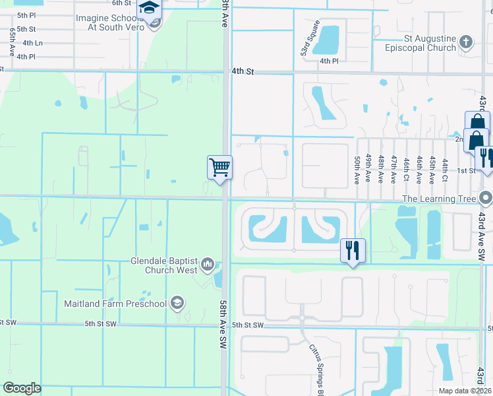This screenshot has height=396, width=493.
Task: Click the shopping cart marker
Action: (219, 166)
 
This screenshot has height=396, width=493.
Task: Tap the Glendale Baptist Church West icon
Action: (208, 265)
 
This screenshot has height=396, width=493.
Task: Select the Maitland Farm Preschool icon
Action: (176, 304)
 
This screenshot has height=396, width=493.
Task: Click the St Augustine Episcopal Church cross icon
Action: (466, 43)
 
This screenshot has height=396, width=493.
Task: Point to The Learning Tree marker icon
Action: (486, 198)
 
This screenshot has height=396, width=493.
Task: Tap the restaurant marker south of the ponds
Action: (352, 249)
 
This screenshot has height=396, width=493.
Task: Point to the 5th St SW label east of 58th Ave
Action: (248, 325)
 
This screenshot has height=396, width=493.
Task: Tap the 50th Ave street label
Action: (357, 170)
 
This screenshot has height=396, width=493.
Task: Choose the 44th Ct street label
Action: (446, 170)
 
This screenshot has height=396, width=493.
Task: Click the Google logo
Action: (22, 388)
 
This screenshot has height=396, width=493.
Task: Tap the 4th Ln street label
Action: (32, 43)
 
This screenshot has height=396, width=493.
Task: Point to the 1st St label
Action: (467, 170)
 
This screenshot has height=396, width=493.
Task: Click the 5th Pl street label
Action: (26, 15)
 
